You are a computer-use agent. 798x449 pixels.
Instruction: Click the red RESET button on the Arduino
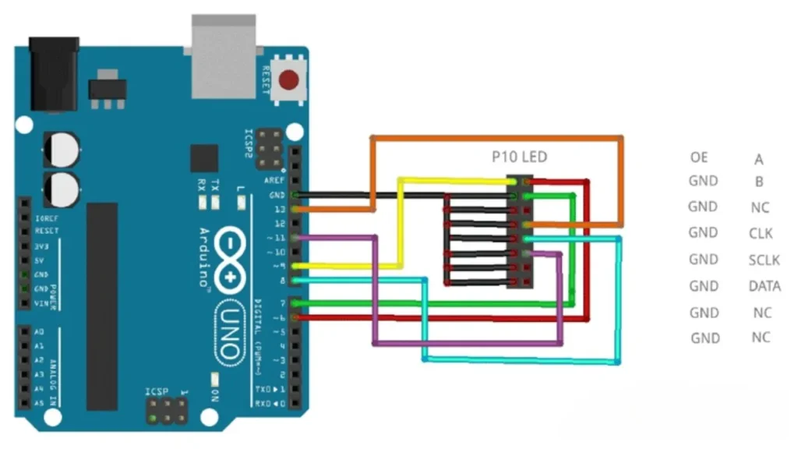pyautogui.click(x=289, y=80)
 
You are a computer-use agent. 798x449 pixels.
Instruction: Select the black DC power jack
pyautogui.click(x=53, y=74)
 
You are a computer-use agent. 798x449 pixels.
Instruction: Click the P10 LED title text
pyautogui.click(x=519, y=157)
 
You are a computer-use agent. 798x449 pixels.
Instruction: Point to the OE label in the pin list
pyautogui.click(x=699, y=157)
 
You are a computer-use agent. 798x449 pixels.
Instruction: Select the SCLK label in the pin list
pyautogui.click(x=764, y=260)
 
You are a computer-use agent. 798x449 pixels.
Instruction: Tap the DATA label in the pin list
pyautogui.click(x=764, y=286)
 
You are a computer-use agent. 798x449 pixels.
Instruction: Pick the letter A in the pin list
pyautogui.click(x=759, y=160)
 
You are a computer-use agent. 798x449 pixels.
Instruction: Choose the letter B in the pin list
pyautogui.click(x=760, y=182)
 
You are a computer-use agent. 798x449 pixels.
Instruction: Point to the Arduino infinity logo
pyautogui.click(x=231, y=259)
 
